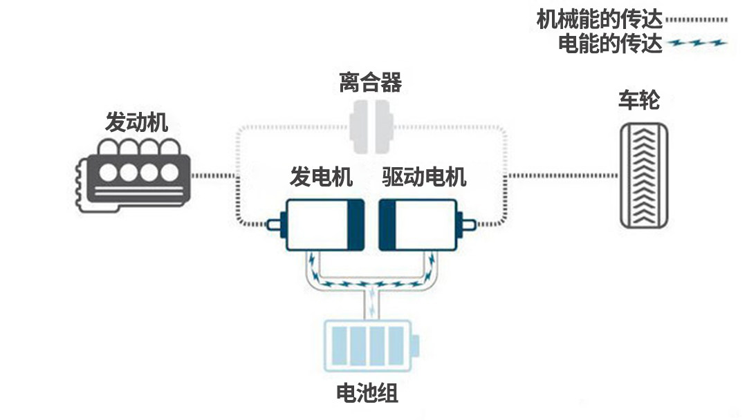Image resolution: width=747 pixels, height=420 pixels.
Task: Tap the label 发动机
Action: (x=136, y=123)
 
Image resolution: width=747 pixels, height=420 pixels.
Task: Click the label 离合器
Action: (x=371, y=84)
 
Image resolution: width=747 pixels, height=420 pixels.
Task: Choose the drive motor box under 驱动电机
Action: (x=419, y=225)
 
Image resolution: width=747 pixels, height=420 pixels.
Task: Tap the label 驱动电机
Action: (x=424, y=178)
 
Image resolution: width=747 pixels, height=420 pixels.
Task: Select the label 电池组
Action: (x=367, y=394)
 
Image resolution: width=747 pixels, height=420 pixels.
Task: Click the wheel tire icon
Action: (x=644, y=175)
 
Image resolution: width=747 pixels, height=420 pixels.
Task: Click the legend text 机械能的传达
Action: (x=600, y=19)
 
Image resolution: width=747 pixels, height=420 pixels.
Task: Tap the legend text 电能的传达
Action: (x=611, y=44)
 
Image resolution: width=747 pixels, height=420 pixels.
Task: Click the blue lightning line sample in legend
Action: (x=699, y=44)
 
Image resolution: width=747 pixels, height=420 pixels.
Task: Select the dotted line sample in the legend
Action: (x=699, y=20)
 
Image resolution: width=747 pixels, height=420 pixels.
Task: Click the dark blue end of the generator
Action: (x=356, y=225)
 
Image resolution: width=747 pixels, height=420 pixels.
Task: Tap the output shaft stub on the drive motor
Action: (x=470, y=225)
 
